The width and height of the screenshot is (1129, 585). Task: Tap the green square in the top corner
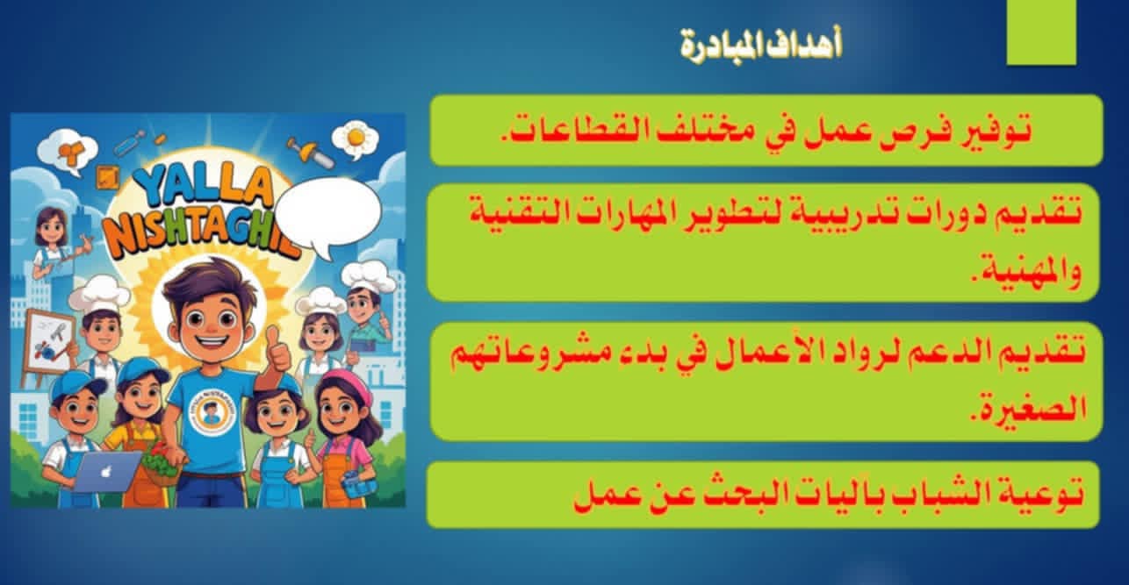click(x=1041, y=32)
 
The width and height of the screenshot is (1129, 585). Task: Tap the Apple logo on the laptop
click(x=105, y=472)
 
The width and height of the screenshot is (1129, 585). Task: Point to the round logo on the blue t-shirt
click(x=209, y=410)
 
